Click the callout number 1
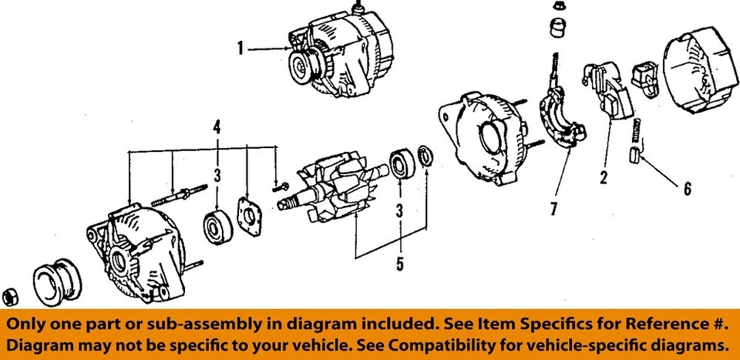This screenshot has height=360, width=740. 240,49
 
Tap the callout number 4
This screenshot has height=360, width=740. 217,126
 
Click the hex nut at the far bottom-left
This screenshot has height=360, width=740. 11,295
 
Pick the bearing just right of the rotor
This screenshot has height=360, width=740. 401,166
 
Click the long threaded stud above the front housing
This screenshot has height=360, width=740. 182,193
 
